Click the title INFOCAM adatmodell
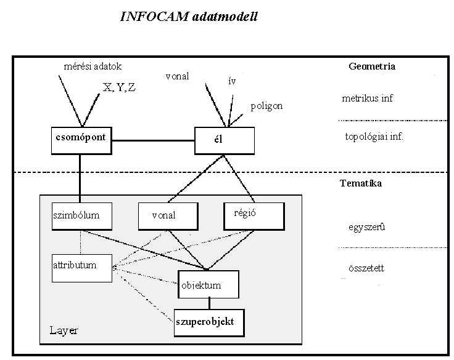coord(189,17)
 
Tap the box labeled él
coord(224,140)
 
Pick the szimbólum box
coord(82,216)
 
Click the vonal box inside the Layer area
coord(168,216)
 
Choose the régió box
coord(254,215)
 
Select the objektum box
coord(208,284)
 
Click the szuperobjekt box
coord(208,322)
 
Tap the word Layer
coord(64,331)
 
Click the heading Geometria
coord(371,66)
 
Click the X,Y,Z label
coord(120,87)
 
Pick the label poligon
coord(266,106)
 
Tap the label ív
coord(231,81)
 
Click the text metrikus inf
coord(368,98)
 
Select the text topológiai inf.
coord(374,136)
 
